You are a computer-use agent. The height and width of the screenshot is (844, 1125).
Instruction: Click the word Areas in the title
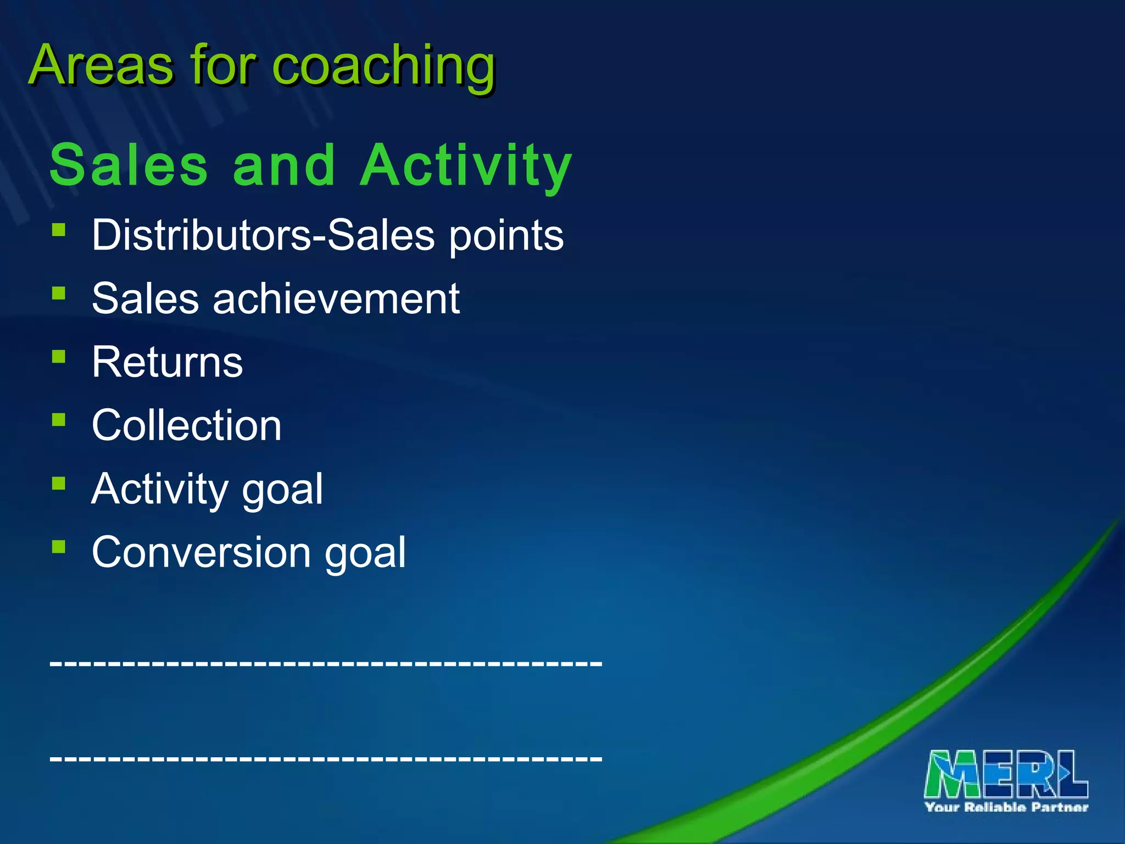pyautogui.click(x=102, y=66)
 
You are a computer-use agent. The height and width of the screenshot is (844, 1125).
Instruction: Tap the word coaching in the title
pyautogui.click(x=384, y=67)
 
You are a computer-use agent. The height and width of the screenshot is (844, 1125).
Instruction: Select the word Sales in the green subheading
pyautogui.click(x=129, y=165)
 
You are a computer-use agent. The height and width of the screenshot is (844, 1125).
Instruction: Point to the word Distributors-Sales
pyautogui.click(x=264, y=235)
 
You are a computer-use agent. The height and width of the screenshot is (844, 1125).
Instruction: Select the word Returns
pyautogui.click(x=167, y=362)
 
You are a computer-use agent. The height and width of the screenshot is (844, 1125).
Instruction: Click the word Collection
pyautogui.click(x=187, y=425)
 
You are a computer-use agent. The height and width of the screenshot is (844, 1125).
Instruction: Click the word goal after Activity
pyautogui.click(x=282, y=491)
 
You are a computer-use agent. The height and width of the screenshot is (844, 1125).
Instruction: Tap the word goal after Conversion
pyautogui.click(x=365, y=554)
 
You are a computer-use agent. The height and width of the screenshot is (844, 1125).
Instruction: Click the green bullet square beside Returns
pyautogui.click(x=59, y=357)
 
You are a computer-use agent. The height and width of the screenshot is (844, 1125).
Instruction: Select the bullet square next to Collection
pyautogui.click(x=59, y=420)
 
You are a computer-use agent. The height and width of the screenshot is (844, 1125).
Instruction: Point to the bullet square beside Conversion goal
pyautogui.click(x=59, y=547)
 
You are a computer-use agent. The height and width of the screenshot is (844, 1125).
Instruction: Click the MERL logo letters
pyautogui.click(x=1006, y=774)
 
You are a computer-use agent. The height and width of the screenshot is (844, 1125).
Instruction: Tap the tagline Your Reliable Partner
pyautogui.click(x=1006, y=807)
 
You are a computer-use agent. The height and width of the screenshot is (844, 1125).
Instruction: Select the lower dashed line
pyautogui.click(x=326, y=758)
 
